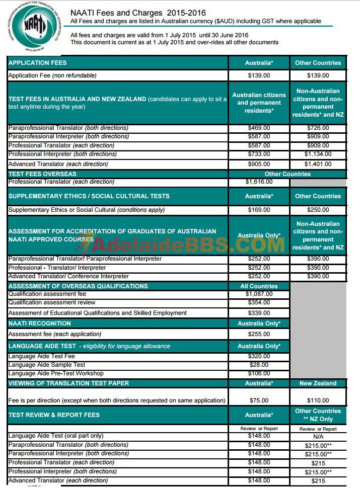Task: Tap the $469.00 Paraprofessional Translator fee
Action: pos(259,128)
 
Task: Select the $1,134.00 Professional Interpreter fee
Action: pos(318,154)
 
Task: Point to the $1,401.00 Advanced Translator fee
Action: pos(318,164)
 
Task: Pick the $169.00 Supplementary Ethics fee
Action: pos(259,210)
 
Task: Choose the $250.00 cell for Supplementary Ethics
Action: pos(318,210)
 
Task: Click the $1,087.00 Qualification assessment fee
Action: pos(259,294)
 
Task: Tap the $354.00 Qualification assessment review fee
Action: pos(259,303)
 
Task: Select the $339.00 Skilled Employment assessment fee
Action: pos(259,313)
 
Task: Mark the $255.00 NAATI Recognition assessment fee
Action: pos(259,334)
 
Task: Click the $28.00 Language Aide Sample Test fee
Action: pos(259,365)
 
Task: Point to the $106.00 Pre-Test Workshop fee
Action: pos(259,373)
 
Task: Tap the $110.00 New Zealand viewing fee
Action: pos(318,400)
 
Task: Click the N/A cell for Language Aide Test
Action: pos(318,437)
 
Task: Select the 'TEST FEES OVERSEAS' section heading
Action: pos(43,174)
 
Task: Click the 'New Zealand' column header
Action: pos(318,383)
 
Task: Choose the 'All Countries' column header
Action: pos(259,286)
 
